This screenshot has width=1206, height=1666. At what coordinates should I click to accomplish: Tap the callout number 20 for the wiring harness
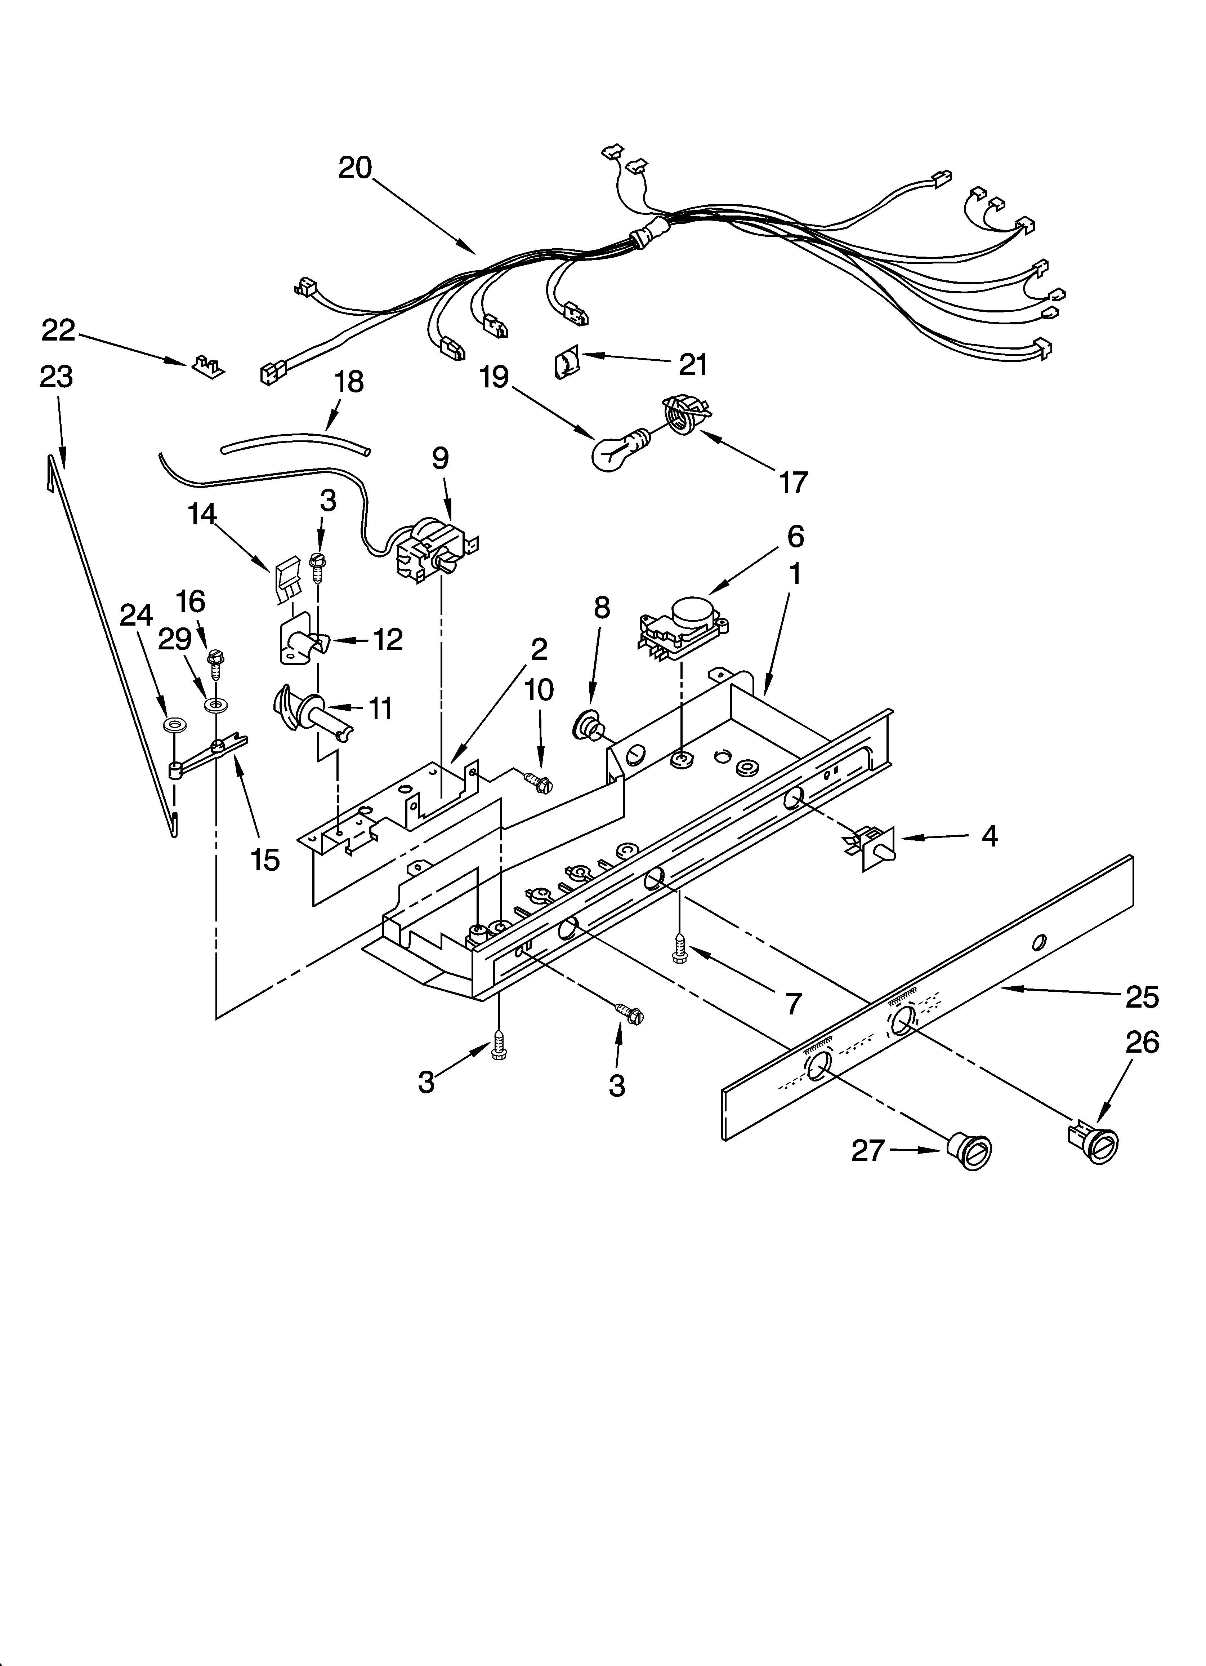(x=356, y=168)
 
